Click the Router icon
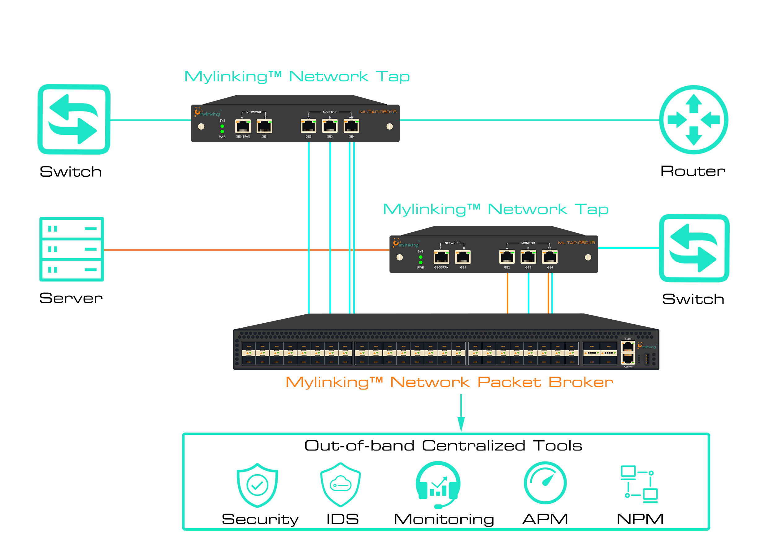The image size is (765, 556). click(693, 120)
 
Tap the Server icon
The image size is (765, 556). click(72, 249)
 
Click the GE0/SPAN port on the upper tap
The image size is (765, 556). click(243, 127)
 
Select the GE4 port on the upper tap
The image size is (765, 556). click(351, 127)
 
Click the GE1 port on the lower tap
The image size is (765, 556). click(463, 257)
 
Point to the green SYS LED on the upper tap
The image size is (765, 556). click(222, 126)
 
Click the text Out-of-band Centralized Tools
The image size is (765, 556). click(443, 446)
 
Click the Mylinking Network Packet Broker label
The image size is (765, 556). click(449, 382)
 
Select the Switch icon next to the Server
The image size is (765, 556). click(74, 119)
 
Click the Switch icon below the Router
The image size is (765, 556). click(694, 248)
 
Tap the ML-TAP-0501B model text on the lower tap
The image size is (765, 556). click(576, 243)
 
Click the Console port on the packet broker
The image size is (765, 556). click(628, 359)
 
